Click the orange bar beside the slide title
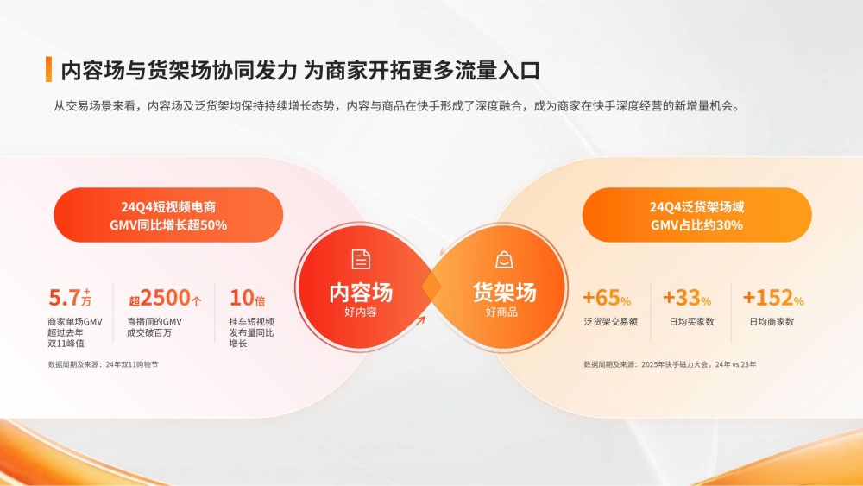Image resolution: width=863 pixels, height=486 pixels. [x=48, y=69]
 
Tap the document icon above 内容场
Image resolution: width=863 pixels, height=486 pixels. [x=361, y=259]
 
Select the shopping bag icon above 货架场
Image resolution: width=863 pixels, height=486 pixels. [x=504, y=260]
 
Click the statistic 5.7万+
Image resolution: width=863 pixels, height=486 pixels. [x=70, y=298]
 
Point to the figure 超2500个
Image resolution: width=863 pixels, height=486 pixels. [x=165, y=298]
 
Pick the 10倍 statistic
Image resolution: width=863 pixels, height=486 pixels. [x=247, y=298]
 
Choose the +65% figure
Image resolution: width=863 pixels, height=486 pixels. [x=607, y=298]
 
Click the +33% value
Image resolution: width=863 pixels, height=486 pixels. [x=687, y=298]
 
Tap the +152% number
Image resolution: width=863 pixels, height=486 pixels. [x=773, y=298]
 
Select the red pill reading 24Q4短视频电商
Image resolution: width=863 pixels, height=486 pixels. [x=168, y=215]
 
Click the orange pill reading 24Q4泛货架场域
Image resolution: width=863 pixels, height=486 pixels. [x=696, y=215]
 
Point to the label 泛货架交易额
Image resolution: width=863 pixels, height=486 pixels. [x=610, y=321]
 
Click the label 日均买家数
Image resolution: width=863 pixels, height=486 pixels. [x=691, y=321]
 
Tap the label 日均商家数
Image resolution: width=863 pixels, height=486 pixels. [x=772, y=321]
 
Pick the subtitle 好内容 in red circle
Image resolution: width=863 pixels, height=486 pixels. [x=361, y=312]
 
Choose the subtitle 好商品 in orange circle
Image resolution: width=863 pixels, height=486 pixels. [x=501, y=312]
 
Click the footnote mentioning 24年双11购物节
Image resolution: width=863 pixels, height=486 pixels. [x=103, y=364]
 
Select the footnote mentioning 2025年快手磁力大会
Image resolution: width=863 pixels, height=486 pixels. [x=670, y=364]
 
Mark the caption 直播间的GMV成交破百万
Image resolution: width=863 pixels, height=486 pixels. [x=154, y=327]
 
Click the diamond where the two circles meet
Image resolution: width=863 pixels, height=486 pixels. [x=432, y=287]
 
